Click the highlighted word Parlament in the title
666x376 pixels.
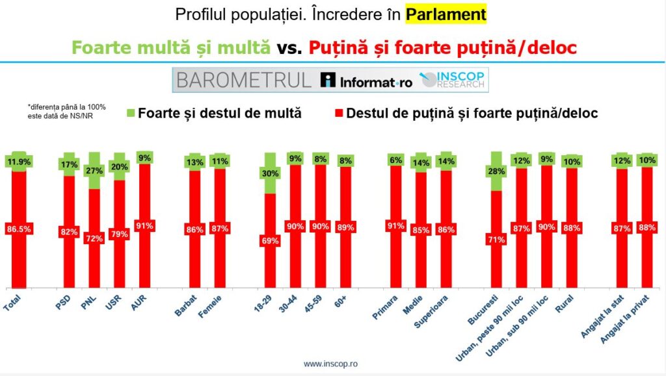click(446, 14)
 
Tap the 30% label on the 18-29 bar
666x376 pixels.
click(271, 174)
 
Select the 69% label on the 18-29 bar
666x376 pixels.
click(271, 240)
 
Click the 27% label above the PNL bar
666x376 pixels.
click(94, 171)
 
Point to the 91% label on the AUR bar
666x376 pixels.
click(145, 226)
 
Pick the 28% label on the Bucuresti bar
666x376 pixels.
click(496, 171)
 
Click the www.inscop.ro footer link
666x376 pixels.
click(332, 364)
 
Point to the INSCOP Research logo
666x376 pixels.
click(453, 80)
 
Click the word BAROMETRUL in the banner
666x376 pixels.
click(244, 81)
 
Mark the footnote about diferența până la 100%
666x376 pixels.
click(66, 111)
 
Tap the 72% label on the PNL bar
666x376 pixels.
click(94, 238)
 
